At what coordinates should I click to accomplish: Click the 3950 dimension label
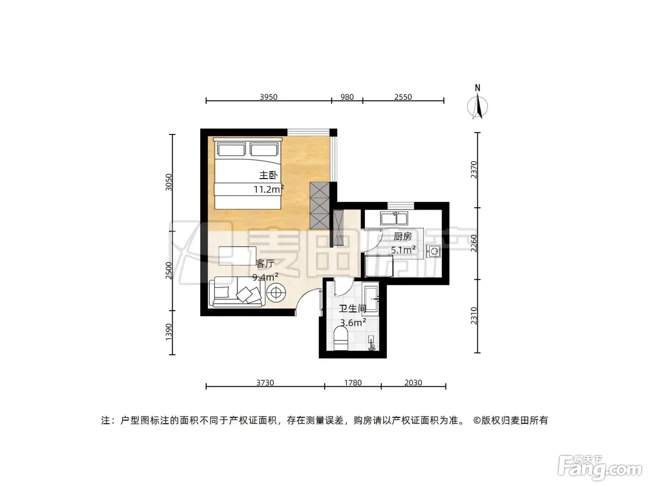click(x=268, y=97)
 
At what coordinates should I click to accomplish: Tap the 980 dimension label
click(x=347, y=97)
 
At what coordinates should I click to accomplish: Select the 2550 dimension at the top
click(x=403, y=97)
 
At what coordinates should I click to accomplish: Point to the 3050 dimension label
click(x=169, y=182)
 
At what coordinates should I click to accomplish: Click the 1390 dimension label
click(x=169, y=332)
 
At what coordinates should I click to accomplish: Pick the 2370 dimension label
click(x=474, y=170)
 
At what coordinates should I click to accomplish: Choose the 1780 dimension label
click(x=353, y=383)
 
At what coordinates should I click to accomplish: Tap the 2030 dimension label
click(x=413, y=383)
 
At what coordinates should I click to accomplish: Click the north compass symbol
click(x=477, y=103)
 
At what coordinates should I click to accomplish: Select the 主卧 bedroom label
click(x=268, y=175)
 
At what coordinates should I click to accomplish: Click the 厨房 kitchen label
click(x=403, y=237)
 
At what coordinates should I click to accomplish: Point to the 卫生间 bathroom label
click(x=352, y=309)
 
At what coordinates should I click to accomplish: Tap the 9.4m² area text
click(x=265, y=277)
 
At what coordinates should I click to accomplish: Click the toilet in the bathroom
click(x=340, y=339)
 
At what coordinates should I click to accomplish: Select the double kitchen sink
click(x=394, y=218)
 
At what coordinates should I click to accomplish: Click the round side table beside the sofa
click(x=276, y=293)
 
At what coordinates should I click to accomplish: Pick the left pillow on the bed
click(x=231, y=149)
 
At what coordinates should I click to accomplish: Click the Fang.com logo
click(x=600, y=468)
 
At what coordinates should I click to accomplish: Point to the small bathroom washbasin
click(x=371, y=343)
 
